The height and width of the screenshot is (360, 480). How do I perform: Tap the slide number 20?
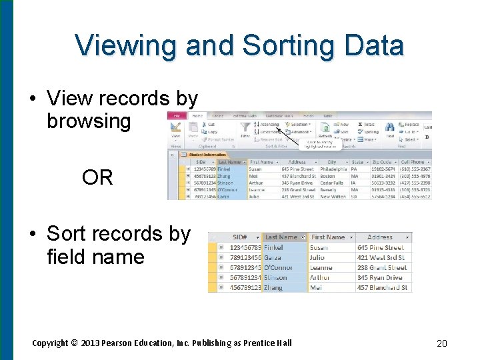pyautogui.click(x=441, y=343)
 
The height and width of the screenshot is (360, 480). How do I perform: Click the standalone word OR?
pyautogui.click(x=97, y=177)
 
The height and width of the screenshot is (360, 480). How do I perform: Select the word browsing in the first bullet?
pyautogui.click(x=89, y=121)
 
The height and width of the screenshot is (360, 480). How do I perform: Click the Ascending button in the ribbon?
pyautogui.click(x=269, y=124)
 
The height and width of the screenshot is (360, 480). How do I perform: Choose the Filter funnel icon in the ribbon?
pyautogui.click(x=245, y=127)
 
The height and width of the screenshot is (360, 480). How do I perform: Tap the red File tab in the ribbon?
pyautogui.click(x=175, y=115)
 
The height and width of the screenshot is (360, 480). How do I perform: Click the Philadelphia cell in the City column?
pyautogui.click(x=334, y=169)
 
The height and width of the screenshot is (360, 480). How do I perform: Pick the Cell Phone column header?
pyautogui.click(x=413, y=162)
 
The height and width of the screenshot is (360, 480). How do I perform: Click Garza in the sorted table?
pyautogui.click(x=273, y=257)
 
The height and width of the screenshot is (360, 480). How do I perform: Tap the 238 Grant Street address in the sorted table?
pyautogui.click(x=381, y=267)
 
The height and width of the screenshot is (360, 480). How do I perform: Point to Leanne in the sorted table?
pyautogui.click(x=322, y=267)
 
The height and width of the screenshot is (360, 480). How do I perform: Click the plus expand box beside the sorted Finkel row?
pyautogui.click(x=221, y=247)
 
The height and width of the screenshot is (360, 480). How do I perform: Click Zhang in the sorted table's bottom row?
pyautogui.click(x=274, y=288)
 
